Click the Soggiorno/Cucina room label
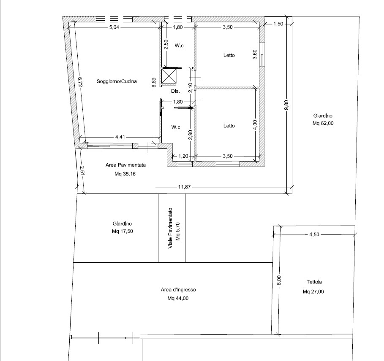click(x=117, y=81)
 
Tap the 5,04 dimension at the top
click(x=114, y=27)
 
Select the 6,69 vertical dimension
click(x=153, y=82)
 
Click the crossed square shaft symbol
click(x=169, y=76)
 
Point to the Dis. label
click(x=175, y=91)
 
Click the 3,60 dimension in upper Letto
click(x=255, y=54)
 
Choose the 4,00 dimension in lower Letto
click(x=255, y=125)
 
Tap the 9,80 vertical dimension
click(x=287, y=105)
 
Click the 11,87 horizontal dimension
click(x=184, y=187)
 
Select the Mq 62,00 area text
click(x=323, y=124)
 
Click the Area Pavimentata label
click(x=125, y=165)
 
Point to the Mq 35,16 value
click(x=125, y=174)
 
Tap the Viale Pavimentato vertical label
click(x=170, y=228)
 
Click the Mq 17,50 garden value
click(x=123, y=231)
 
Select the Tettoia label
click(x=314, y=282)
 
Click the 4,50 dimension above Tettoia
click(x=314, y=234)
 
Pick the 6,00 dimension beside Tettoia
click(x=279, y=280)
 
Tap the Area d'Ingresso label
click(x=178, y=290)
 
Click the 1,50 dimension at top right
click(x=278, y=24)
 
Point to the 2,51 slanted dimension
click(x=82, y=171)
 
